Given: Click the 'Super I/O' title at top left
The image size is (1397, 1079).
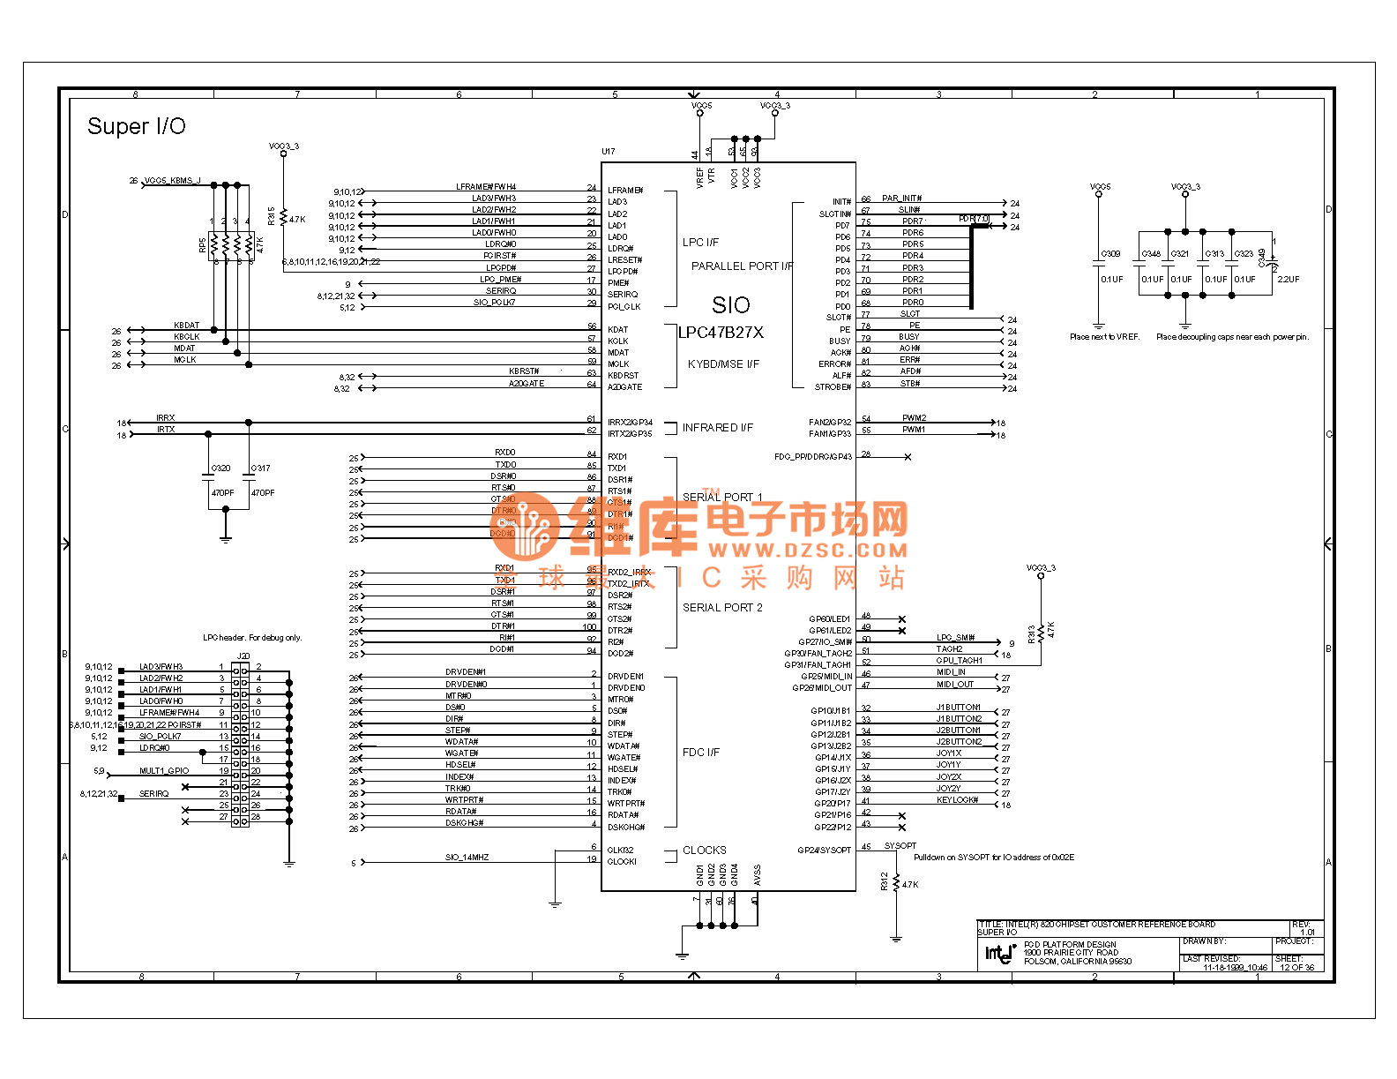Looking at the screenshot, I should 137,127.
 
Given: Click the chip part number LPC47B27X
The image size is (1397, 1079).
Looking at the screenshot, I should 721,333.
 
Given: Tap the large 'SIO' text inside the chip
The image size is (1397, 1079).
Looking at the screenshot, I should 730,305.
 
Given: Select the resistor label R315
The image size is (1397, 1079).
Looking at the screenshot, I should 272,216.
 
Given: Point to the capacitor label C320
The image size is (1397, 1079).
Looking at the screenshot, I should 220,468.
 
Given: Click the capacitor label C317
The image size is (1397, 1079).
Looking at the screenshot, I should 261,468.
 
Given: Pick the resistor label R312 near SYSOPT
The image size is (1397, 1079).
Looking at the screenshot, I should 885,881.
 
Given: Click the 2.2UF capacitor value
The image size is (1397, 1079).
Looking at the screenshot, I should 1289,280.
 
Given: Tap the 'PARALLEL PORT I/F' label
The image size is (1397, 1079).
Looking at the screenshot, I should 742,266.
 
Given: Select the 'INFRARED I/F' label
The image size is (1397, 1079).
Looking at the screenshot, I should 717,428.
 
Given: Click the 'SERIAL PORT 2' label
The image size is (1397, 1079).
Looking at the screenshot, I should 722,608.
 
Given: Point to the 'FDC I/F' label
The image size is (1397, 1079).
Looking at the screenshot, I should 701,753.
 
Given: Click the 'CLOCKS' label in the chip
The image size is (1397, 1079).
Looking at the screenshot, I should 705,850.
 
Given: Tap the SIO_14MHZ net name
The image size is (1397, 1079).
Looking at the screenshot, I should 467,858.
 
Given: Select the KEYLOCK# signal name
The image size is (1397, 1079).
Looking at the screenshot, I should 957,800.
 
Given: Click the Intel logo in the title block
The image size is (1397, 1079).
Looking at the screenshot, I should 999,953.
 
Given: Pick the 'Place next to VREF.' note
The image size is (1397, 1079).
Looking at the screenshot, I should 1104,337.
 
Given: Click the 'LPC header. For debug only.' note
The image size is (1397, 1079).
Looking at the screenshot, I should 252,638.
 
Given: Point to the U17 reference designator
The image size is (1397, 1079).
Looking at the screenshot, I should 609,152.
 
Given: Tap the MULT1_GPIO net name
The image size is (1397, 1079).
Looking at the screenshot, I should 164,771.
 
